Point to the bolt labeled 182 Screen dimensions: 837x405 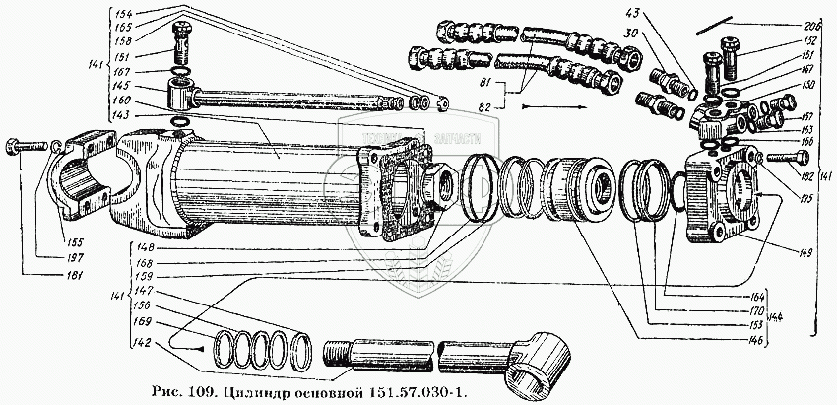[x=778, y=158]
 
